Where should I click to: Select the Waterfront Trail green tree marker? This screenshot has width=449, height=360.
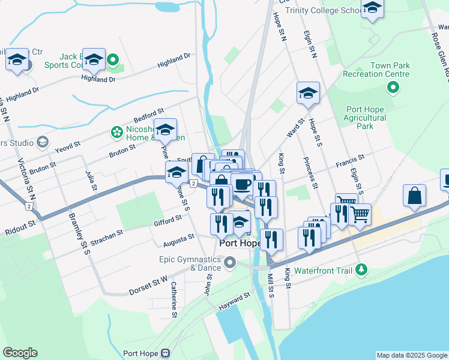point(361,271)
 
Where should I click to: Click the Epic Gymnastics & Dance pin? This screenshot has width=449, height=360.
point(229,263)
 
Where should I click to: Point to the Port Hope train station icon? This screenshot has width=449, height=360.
point(165,353)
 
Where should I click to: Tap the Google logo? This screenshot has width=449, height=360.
point(20,353)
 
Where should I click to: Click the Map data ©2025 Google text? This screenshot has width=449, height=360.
point(411,355)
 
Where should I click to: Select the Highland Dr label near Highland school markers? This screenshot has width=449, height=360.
point(98,79)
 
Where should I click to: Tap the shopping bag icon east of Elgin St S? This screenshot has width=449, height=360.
point(414,196)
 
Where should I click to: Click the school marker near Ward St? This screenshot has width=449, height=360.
point(308,93)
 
